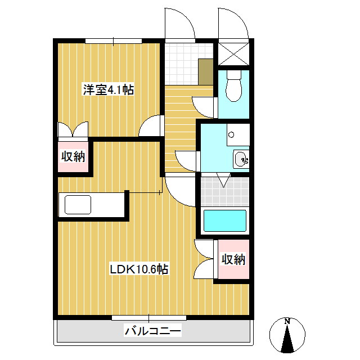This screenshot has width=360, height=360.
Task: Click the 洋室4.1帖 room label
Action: tap(109, 89)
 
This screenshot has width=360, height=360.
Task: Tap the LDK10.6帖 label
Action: tap(138, 269)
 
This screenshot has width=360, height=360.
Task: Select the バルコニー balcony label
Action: tap(153, 331)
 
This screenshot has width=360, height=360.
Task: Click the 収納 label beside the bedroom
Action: tap(73, 157)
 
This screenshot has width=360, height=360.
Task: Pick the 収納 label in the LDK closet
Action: tap(232, 259)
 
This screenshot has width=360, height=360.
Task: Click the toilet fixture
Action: tap(231, 87)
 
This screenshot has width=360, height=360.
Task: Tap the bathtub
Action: tap(225, 221)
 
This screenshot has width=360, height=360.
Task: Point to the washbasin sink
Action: tap(241, 160)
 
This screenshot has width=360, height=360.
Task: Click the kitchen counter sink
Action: tap(78, 204)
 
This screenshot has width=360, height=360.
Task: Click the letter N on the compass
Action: tap(287, 321)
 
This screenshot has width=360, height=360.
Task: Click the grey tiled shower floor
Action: tap(224, 191)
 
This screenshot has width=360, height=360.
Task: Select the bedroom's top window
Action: tap(114, 40)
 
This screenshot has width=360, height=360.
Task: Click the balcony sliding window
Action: tap(149, 318)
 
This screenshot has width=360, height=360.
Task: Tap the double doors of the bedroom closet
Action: tap(73, 130)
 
